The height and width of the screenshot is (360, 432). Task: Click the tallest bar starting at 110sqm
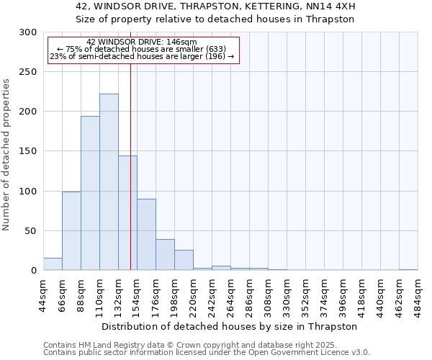(109, 182)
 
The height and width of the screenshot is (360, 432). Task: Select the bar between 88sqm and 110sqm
(90, 193)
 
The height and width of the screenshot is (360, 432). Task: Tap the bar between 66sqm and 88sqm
(71, 231)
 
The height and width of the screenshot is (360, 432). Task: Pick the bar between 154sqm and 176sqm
(146, 235)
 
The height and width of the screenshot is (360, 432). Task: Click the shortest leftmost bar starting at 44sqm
(53, 264)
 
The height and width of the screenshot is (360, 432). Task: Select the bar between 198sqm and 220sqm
(184, 260)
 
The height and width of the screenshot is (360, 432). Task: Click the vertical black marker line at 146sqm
(130, 166)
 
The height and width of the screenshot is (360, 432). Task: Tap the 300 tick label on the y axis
(28, 32)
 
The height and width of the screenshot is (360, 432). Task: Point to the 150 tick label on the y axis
(28, 151)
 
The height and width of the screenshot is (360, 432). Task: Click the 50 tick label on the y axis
(31, 231)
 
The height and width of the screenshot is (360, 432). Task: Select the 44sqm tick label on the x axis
(43, 294)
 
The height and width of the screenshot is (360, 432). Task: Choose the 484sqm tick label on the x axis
(418, 294)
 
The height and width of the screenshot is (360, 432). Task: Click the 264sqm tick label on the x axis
(230, 294)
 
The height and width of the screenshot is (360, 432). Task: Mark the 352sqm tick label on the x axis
(305, 294)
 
